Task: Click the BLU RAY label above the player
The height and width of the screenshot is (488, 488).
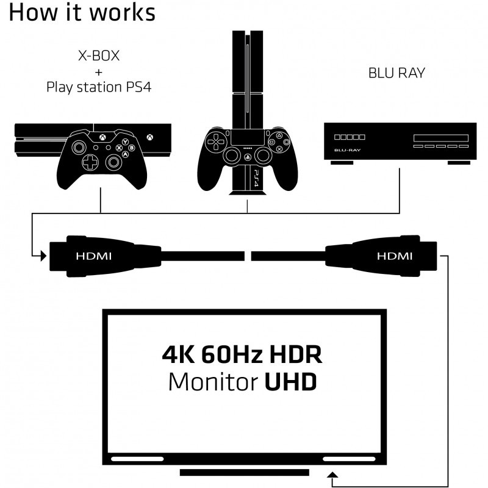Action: pyautogui.click(x=396, y=73)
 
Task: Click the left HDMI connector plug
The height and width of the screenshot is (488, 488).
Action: pyautogui.click(x=91, y=254)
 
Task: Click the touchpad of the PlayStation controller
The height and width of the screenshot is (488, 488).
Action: pyautogui.click(x=247, y=137)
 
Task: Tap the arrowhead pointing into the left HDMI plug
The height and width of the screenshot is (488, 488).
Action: pyautogui.click(x=43, y=254)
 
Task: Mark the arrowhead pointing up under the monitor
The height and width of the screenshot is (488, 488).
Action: pyautogui.click(x=332, y=474)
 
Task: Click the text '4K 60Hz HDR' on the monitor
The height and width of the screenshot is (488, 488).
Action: pyautogui.click(x=242, y=354)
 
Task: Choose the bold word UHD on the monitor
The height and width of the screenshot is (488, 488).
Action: pyautogui.click(x=291, y=382)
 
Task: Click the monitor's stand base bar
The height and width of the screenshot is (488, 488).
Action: pyautogui.click(x=245, y=473)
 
